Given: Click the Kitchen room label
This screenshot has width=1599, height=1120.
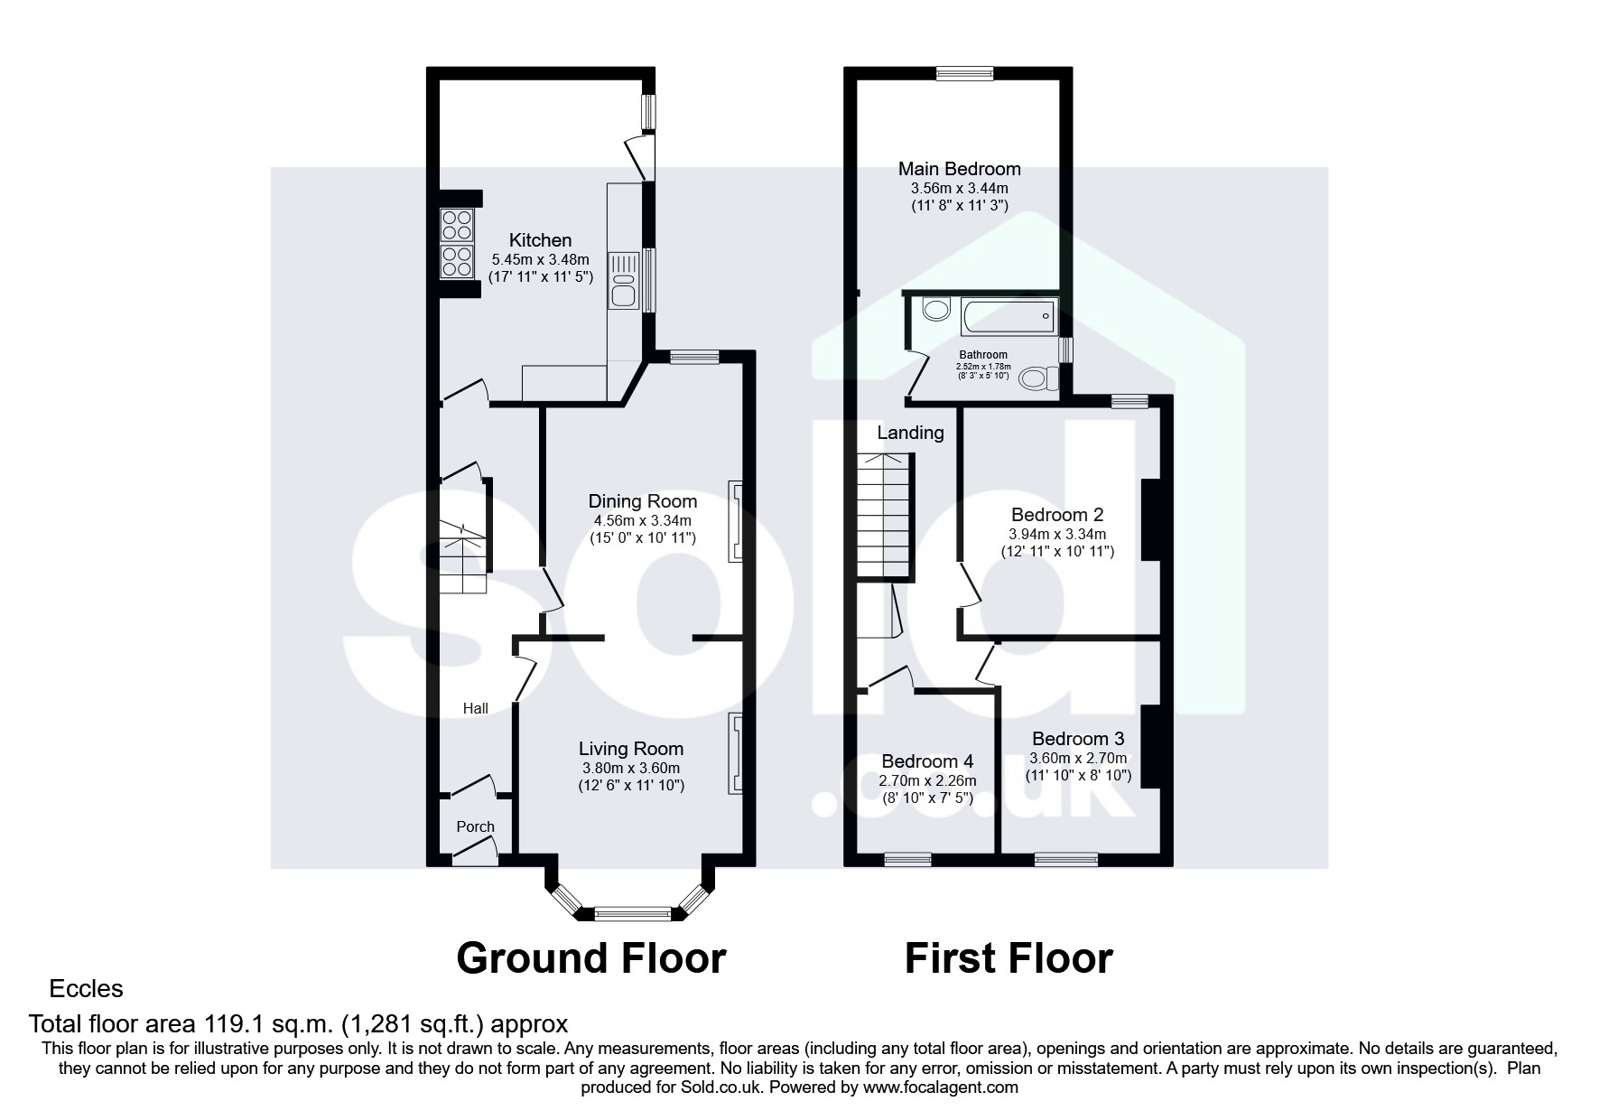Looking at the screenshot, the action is point(540,240).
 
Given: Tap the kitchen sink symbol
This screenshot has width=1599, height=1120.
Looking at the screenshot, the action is point(623,281).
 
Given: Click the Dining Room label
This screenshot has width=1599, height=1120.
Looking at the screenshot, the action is point(643,501).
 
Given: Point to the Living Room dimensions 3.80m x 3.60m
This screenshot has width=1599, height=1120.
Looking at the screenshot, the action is point(631,768).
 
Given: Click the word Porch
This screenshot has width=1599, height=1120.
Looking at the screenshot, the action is point(475,826).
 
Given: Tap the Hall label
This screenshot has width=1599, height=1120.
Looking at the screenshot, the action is point(476,708).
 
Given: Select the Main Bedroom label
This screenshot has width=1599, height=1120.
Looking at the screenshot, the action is point(960,169).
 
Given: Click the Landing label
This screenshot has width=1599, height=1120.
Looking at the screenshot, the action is point(910,433).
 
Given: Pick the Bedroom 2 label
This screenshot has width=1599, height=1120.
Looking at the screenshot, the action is point(1057,515).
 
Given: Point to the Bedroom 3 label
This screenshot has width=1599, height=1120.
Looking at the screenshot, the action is point(1078,739).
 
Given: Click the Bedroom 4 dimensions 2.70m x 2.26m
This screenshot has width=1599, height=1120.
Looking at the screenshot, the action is point(928,780).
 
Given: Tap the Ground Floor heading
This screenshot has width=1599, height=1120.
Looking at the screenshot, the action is point(591,957).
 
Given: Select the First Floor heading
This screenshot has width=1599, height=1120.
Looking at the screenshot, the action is point(1009,957).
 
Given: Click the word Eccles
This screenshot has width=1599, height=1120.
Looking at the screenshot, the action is point(87,989).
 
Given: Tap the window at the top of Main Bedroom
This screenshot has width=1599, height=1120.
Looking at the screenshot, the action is point(964,74).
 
